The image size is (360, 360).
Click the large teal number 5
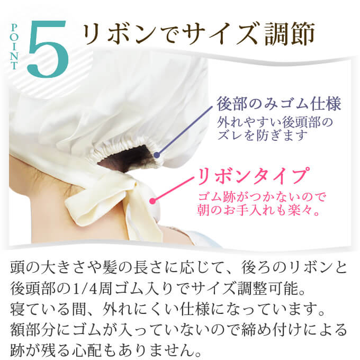coord(48,49)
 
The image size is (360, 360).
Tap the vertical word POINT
coord(14,47)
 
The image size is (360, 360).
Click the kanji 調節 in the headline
coord(290,33)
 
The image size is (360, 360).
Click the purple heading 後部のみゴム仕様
coord(278,104)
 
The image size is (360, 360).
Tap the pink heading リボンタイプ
coord(252,176)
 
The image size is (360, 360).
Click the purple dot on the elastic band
coord(157,155)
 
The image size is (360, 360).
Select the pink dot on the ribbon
coord(152,201)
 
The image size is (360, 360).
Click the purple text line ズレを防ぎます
coord(262,135)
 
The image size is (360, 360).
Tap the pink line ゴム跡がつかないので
coord(262,197)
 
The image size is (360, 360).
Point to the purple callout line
coord(185,131)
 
